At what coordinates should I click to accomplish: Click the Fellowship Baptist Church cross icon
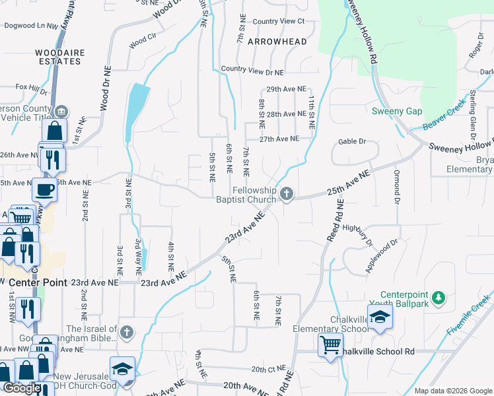click(x=286, y=193)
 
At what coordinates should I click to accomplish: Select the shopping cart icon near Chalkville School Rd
click(x=330, y=345)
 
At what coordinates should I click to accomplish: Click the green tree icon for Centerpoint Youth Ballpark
click(x=437, y=298)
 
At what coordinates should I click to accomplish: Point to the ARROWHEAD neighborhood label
click(x=277, y=42)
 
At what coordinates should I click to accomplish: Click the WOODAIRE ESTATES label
click(x=40, y=56)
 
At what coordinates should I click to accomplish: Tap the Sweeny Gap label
click(x=396, y=111)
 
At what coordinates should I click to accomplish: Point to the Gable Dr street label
click(x=352, y=141)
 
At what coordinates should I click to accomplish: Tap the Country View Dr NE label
click(x=252, y=69)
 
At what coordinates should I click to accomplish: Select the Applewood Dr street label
click(x=382, y=256)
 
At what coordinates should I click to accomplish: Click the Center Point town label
click(x=26, y=282)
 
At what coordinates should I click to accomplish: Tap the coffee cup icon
click(x=45, y=189)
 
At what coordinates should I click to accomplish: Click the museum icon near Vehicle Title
click(x=62, y=110)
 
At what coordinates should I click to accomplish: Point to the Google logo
click(x=22, y=388)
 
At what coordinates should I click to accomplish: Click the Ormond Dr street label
click(x=398, y=186)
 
